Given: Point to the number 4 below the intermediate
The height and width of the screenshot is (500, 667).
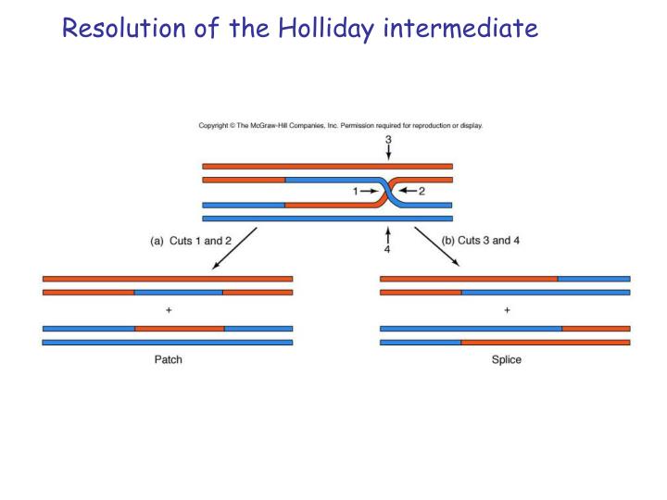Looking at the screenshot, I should point(388,249).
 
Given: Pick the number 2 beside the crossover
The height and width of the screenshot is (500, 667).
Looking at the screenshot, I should point(422,192).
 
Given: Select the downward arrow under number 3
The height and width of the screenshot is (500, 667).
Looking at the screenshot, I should point(388,155).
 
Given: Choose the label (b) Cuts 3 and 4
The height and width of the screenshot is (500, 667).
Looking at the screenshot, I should point(482,241).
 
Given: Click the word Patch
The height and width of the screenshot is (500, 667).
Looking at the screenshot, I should point(168,359).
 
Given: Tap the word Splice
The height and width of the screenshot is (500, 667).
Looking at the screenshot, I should point(506,359).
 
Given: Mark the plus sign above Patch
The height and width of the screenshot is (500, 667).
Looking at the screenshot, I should point(168,310).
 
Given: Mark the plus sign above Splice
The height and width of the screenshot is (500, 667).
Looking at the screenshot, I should point(506,310).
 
